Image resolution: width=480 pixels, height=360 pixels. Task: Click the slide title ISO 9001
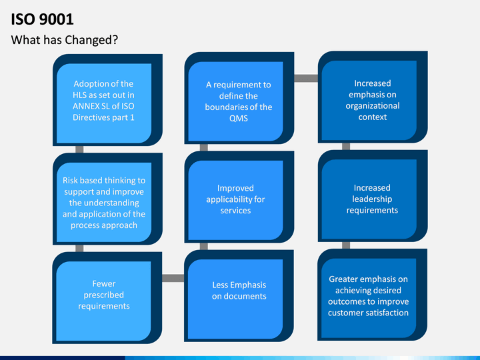click(42, 19)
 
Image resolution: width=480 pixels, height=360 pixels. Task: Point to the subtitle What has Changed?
click(64, 40)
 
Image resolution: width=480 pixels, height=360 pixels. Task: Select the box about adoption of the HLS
click(107, 100)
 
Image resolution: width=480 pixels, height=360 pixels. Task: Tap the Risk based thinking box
click(107, 199)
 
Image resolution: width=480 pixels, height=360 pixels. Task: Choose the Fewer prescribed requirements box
click(107, 298)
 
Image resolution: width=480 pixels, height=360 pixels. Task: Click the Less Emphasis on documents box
click(239, 296)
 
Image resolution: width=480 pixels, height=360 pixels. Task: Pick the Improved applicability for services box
click(239, 197)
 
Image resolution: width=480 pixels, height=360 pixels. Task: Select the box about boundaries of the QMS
click(239, 98)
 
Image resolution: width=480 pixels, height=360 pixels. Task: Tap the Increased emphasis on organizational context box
click(373, 97)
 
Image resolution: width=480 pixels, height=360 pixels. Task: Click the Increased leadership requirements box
click(373, 196)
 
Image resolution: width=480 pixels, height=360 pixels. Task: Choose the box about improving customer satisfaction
click(372, 295)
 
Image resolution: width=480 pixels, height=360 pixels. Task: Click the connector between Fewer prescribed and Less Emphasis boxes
click(173, 278)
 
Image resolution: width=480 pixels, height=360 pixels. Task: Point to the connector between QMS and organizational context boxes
click(306, 78)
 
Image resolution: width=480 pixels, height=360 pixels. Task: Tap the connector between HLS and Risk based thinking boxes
click(79, 149)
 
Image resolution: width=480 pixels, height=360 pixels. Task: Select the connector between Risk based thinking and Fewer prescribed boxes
click(79, 248)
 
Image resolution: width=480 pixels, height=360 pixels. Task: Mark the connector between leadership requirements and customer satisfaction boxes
click(346, 245)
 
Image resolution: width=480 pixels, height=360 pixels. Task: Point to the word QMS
click(239, 118)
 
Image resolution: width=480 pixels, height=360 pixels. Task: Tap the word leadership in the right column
click(372, 199)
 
